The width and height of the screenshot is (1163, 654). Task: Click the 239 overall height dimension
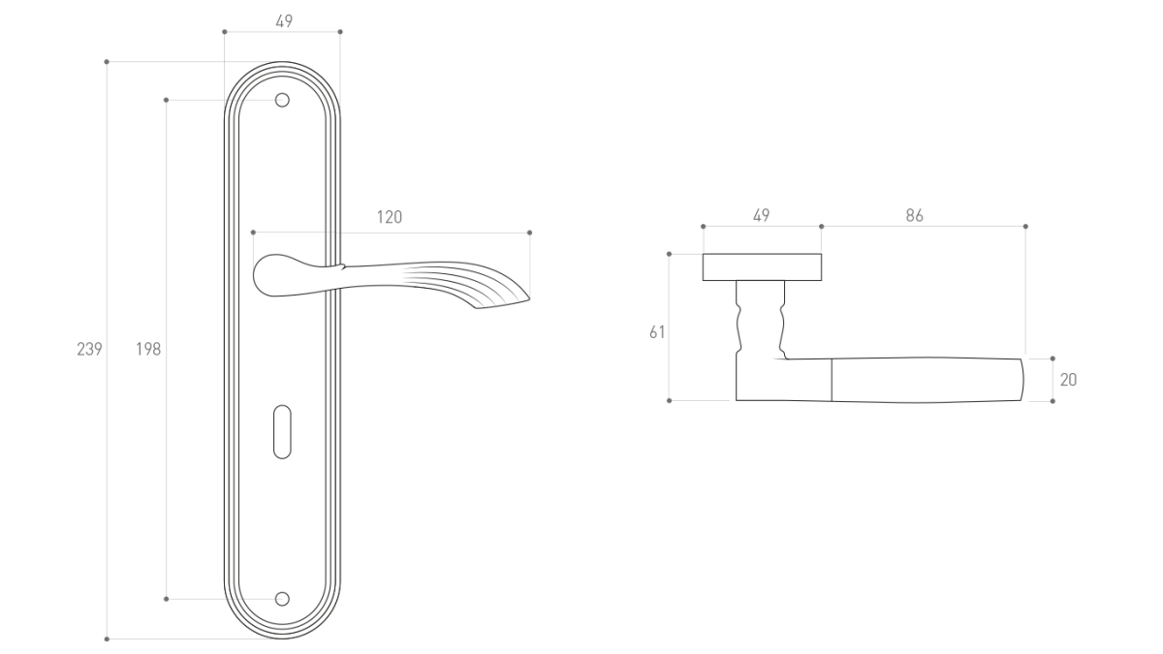(89, 349)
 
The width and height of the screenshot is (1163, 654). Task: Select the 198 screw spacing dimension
(148, 349)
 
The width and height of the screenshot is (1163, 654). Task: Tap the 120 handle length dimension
(390, 217)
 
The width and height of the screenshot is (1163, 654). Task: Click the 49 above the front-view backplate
(284, 21)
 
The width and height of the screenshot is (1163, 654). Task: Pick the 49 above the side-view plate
(761, 215)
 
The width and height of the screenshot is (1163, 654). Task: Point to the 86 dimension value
(914, 215)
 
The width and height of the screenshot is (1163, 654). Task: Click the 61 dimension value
(657, 332)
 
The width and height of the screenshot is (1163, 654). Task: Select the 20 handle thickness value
(1068, 380)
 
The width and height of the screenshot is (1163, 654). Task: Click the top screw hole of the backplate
(282, 100)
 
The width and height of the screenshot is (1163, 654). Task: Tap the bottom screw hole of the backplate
(282, 599)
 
